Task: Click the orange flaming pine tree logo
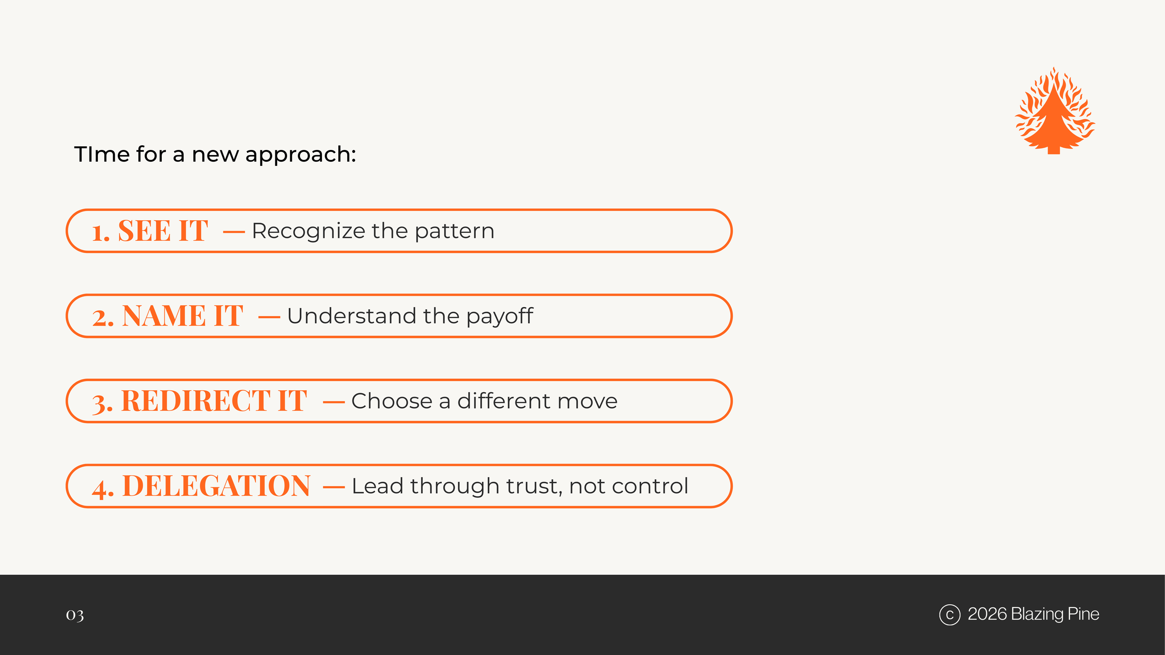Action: point(1054,112)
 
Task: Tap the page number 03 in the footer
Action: point(75,615)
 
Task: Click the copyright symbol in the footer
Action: point(950,614)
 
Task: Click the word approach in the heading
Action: point(301,155)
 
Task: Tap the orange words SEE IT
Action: point(163,231)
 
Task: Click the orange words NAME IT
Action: point(182,316)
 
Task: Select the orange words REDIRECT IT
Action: point(213,401)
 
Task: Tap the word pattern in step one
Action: point(454,232)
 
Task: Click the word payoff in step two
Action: point(499,317)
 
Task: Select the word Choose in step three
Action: point(391,401)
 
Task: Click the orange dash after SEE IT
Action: point(234,232)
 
